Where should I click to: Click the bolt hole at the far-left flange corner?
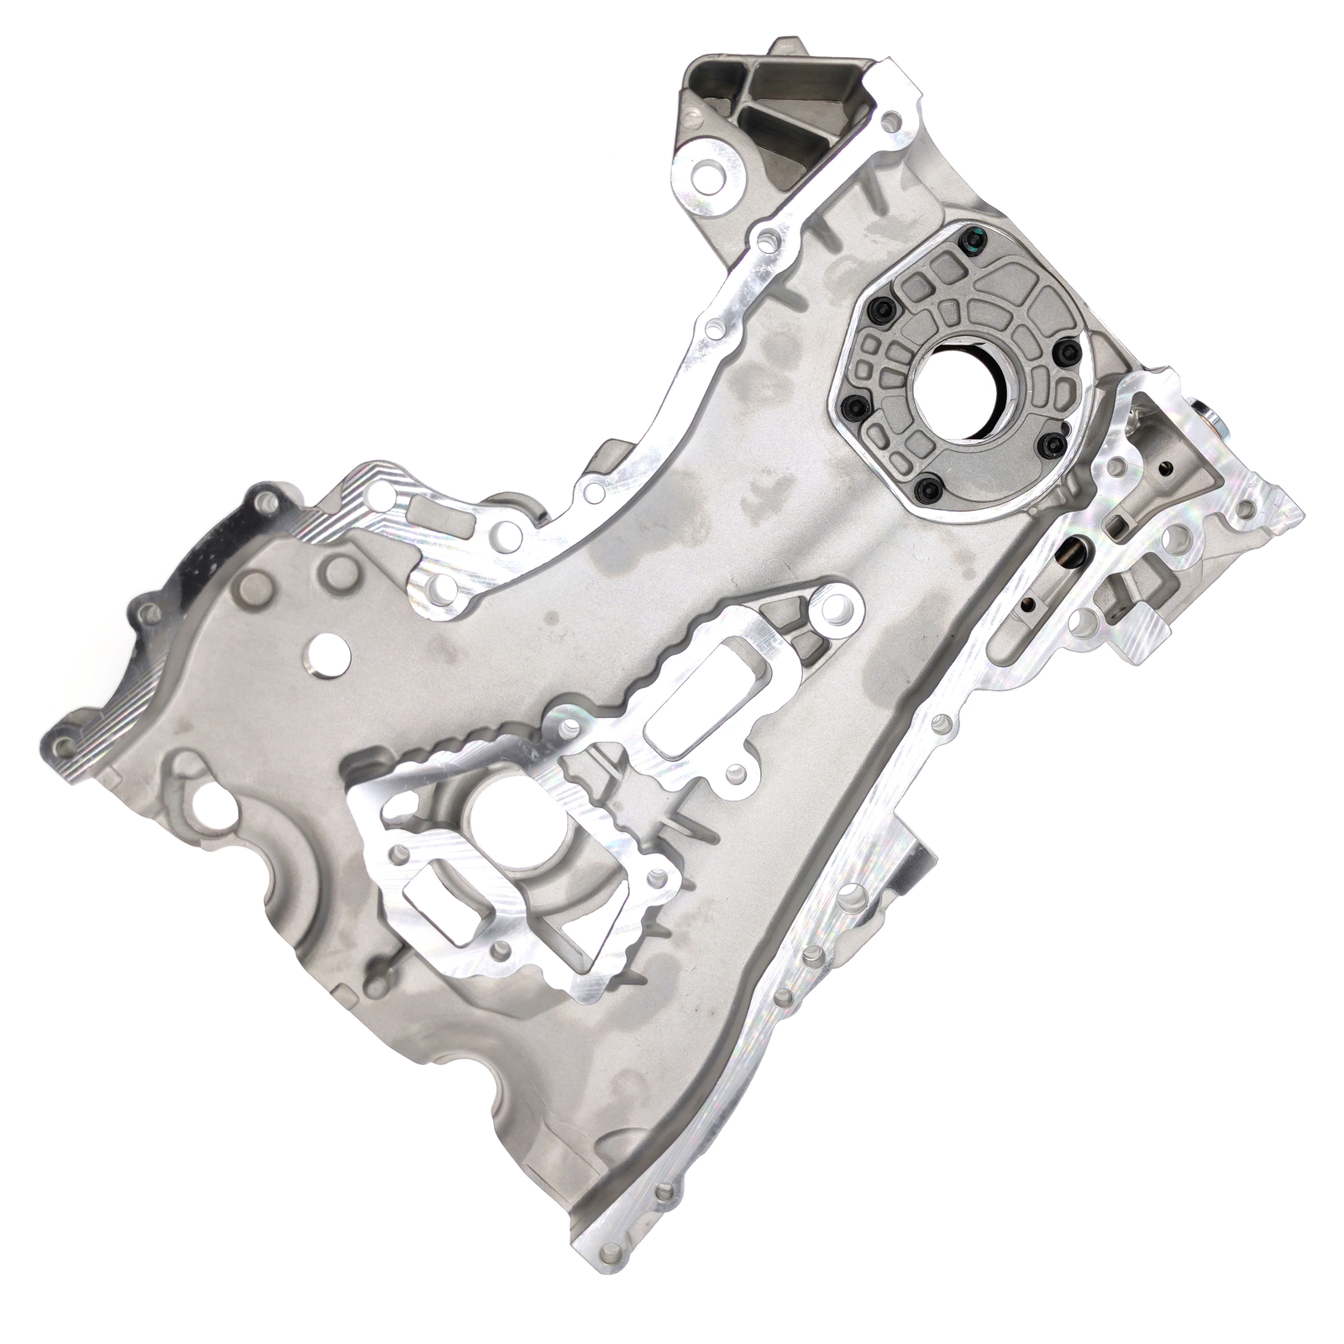tap(59, 744)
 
